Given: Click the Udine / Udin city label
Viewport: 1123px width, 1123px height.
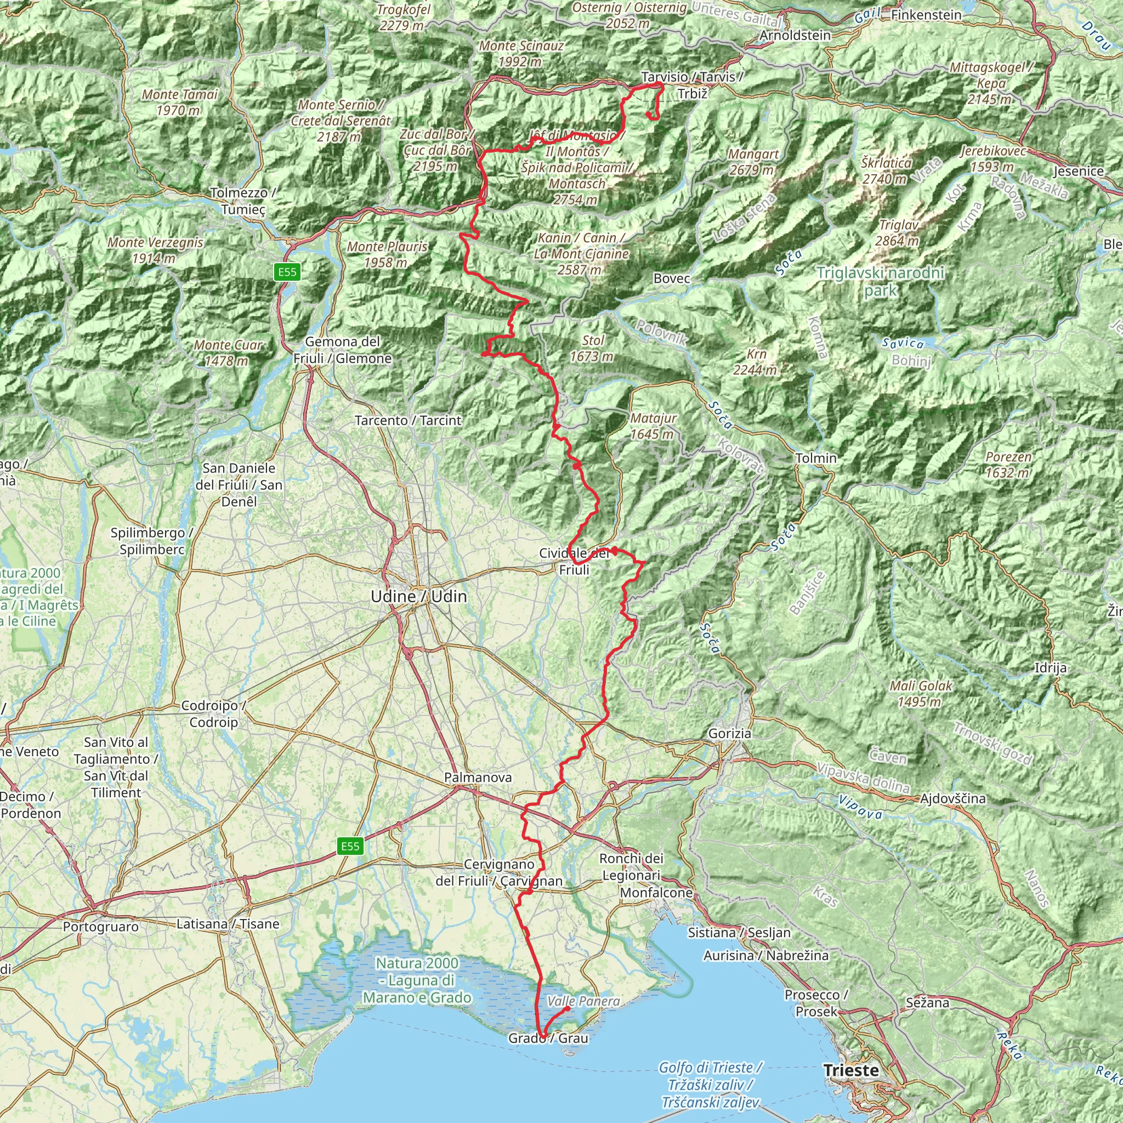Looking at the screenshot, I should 418,597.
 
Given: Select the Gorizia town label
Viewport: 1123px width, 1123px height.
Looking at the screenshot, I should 729,733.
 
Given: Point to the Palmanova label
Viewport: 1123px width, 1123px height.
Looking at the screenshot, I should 478,777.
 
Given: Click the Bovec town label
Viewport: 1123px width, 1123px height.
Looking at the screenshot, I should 671,279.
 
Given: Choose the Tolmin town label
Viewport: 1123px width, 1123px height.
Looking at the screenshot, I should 815,458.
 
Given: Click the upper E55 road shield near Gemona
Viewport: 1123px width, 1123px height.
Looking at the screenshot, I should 287,271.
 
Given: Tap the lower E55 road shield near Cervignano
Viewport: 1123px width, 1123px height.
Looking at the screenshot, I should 350,846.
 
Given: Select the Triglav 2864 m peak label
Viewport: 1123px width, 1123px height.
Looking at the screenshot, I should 898,232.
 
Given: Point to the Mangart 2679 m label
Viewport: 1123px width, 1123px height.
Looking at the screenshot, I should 753,162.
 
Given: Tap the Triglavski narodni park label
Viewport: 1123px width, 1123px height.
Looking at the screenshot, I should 880,281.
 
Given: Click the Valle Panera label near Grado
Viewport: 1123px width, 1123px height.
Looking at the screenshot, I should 583,1001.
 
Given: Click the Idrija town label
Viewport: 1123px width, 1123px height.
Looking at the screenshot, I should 1050,667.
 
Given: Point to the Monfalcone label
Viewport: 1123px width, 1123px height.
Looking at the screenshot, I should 656,892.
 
